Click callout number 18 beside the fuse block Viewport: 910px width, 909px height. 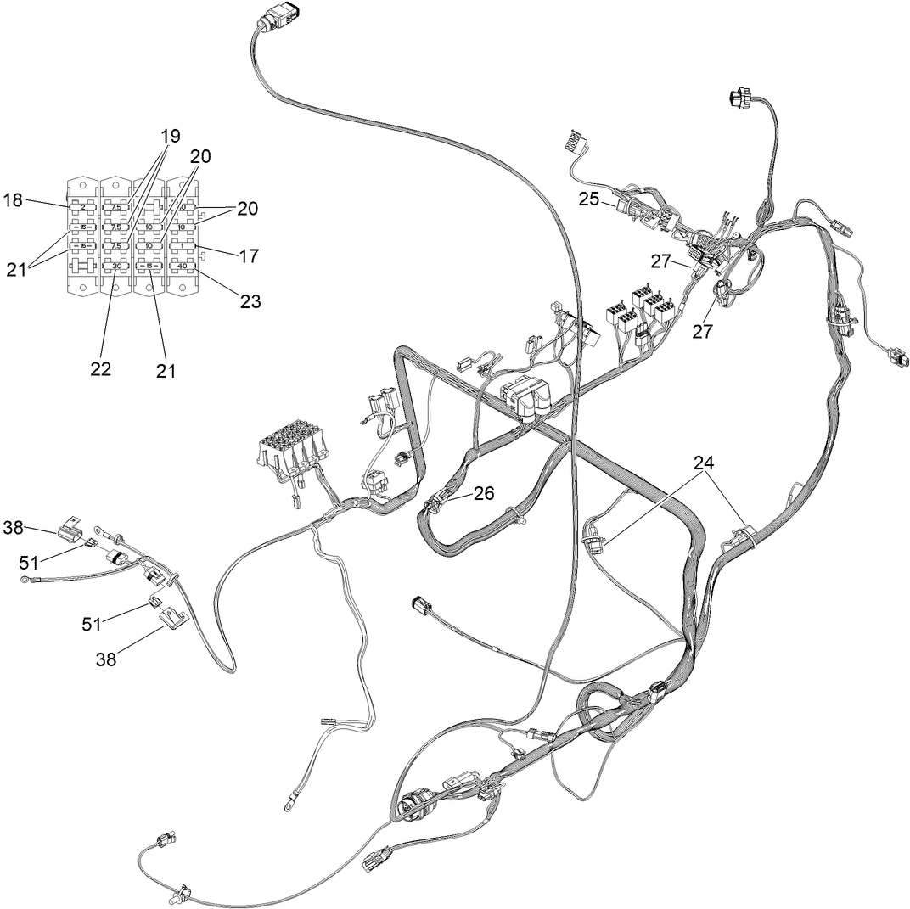tap(13, 200)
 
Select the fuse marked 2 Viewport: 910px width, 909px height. tap(83, 207)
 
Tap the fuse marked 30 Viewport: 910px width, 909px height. tap(116, 266)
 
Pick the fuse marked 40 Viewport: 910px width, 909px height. tap(182, 266)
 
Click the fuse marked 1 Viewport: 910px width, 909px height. tap(182, 246)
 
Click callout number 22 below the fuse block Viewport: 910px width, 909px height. tap(101, 369)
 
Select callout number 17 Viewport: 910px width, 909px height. tap(250, 255)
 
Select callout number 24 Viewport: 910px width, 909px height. tap(703, 463)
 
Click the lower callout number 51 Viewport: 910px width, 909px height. tap(92, 624)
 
